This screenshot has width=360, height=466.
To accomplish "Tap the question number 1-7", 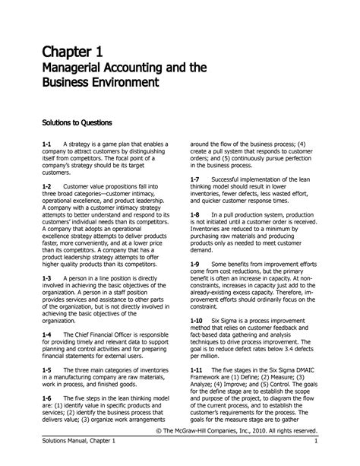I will tap(194, 179).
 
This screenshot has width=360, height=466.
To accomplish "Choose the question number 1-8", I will tap(194, 215).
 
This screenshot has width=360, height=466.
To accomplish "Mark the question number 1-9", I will tap(194, 263).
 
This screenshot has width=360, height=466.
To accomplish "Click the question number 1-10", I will tap(196, 322).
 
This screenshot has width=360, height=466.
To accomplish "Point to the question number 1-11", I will tap(196, 369).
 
